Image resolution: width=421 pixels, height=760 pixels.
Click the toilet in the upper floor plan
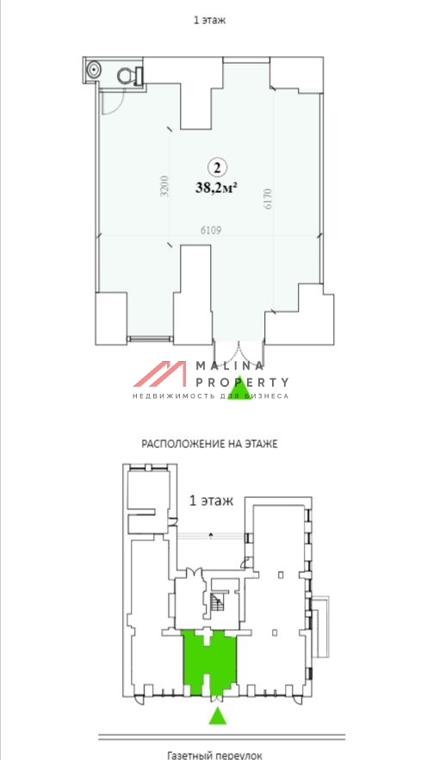pos(128,74)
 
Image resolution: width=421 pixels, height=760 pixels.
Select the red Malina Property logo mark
pos(159,374)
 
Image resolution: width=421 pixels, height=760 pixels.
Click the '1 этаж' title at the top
pos(210,19)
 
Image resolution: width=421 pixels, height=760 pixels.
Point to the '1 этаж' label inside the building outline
pos(210,501)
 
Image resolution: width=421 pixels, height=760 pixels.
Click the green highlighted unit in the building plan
pos(209,658)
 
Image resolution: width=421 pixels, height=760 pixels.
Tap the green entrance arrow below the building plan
pos(219,716)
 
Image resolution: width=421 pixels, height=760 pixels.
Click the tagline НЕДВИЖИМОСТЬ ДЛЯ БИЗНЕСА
pos(210,396)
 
